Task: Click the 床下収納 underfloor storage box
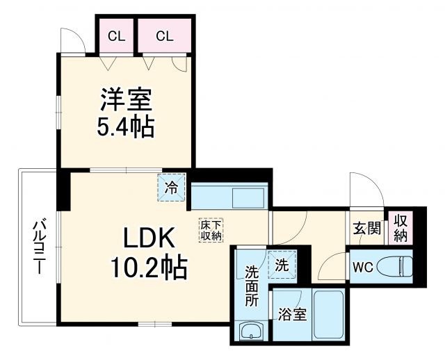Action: pos(211,230)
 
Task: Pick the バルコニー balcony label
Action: pos(40,247)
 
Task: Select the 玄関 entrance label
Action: pos(365,227)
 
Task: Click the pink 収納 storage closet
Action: pos(400,227)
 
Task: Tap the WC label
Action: pos(364,265)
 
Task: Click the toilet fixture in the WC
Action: pos(399,265)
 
